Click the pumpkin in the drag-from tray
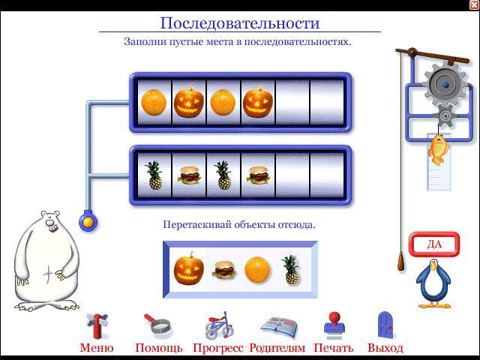tap(188, 268)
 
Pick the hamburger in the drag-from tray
tap(224, 270)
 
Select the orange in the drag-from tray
tap(258, 269)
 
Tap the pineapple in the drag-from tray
tap(290, 270)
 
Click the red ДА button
tap(434, 244)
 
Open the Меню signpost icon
tap(97, 326)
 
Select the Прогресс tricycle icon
tap(219, 325)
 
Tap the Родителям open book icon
tap(279, 327)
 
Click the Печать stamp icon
tap(334, 325)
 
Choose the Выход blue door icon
tap(385, 325)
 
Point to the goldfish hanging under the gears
tap(438, 149)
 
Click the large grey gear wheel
tap(445, 83)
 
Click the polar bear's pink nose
tap(49, 223)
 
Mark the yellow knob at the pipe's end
tap(88, 222)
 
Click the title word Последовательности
tap(240, 23)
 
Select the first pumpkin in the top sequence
tap(188, 101)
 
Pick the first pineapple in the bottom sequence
tap(154, 175)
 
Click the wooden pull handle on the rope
tap(401, 261)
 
